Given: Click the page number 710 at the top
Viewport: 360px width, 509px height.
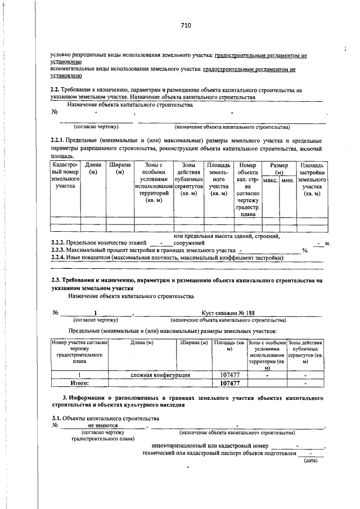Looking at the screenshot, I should [186, 25].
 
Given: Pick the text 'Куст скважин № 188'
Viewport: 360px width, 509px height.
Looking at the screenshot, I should [228, 313].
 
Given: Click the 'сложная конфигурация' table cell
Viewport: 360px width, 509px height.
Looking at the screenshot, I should [160, 375].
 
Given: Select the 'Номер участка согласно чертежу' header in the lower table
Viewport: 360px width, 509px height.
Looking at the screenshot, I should [80, 352].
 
